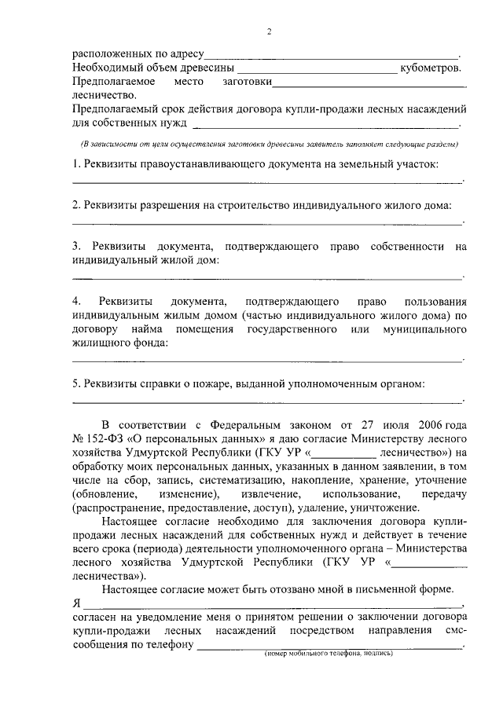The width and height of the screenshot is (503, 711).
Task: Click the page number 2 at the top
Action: [269, 32]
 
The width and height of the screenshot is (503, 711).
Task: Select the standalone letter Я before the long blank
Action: [77, 603]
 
